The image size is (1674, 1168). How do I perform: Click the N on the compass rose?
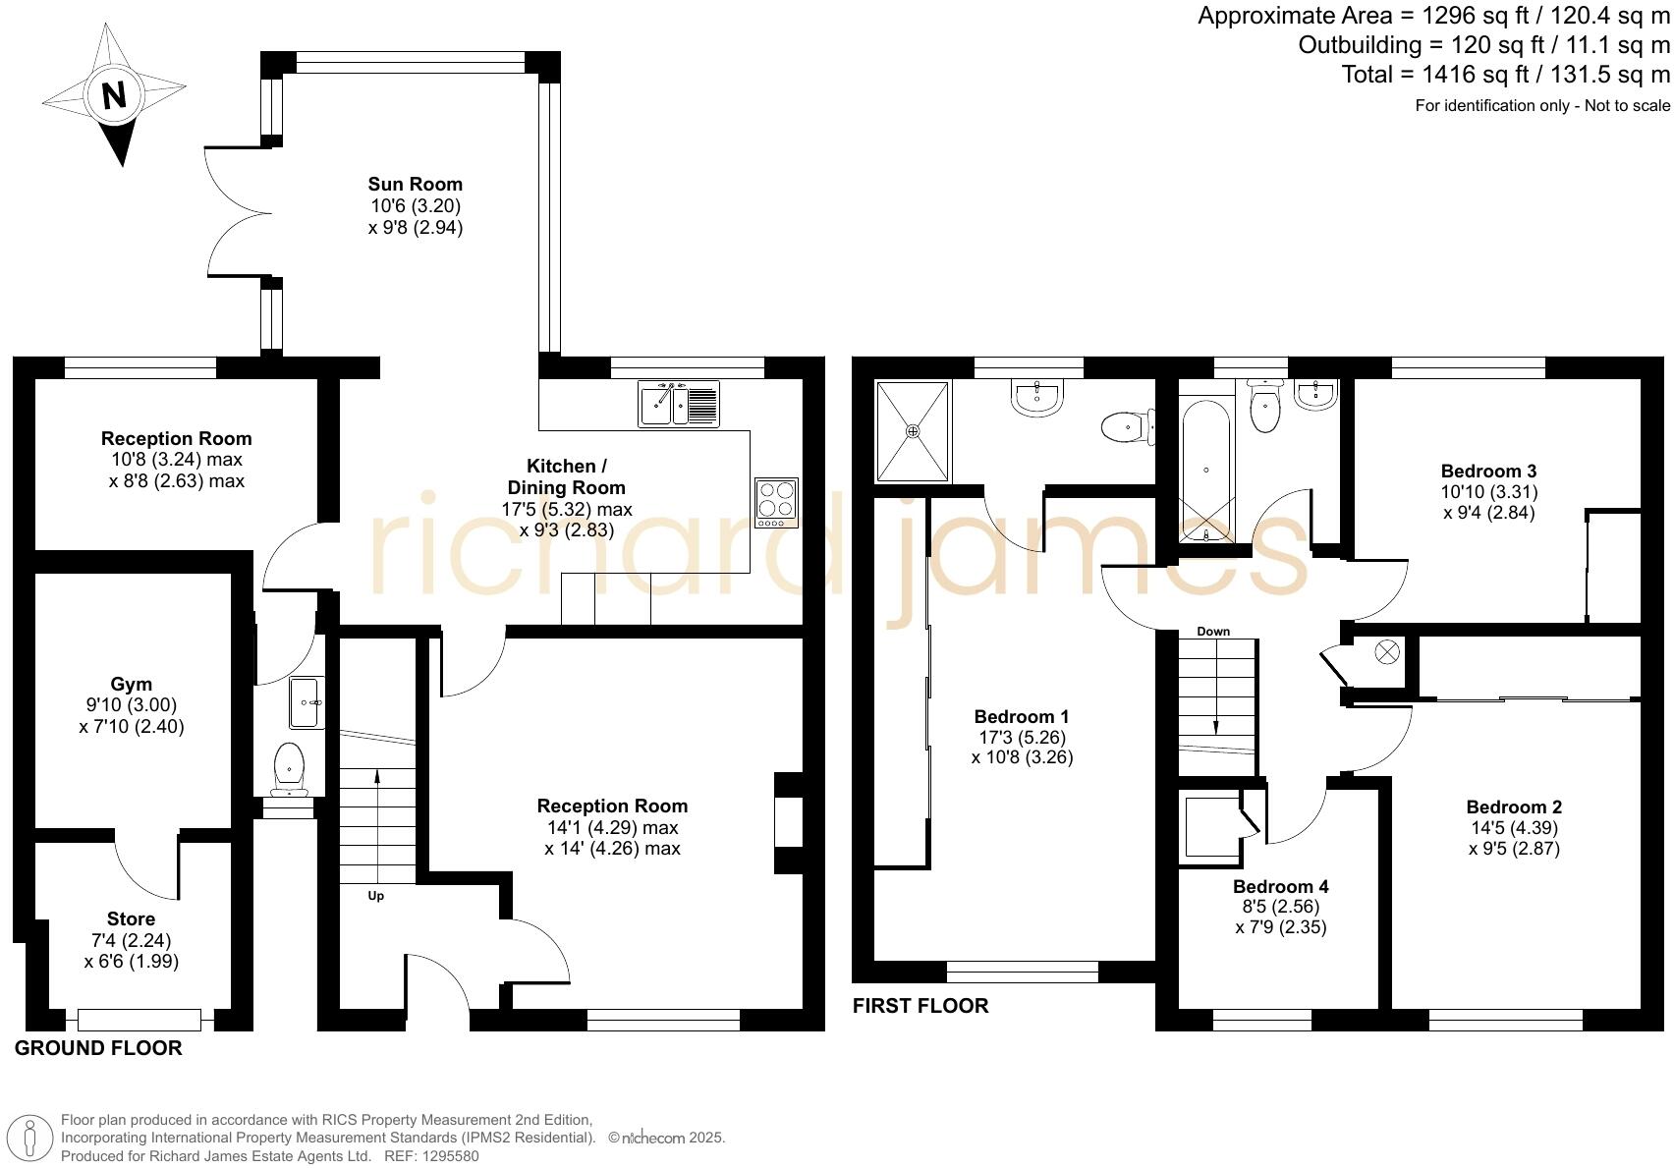[114, 95]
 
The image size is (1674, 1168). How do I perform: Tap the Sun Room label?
[415, 184]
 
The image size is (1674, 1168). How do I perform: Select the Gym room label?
[131, 684]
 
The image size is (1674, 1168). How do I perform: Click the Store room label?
[131, 918]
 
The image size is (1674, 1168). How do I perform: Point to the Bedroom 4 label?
[1280, 886]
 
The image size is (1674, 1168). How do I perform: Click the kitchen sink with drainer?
[679, 404]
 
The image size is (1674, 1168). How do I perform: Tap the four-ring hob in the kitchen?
[776, 502]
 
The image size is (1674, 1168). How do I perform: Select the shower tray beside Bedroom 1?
[913, 431]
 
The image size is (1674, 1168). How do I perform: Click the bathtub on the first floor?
[1206, 471]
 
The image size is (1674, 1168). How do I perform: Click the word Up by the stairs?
[375, 895]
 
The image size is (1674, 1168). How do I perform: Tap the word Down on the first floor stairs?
[1213, 632]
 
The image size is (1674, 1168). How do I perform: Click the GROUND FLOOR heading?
[98, 1048]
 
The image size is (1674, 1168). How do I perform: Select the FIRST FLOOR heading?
[921, 1006]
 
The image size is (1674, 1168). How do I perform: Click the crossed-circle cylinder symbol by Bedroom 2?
[1386, 652]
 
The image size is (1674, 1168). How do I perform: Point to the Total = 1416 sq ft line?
[1505, 75]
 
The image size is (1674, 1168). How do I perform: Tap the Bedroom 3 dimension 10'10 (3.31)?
[1488, 492]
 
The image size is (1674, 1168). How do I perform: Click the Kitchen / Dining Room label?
[567, 476]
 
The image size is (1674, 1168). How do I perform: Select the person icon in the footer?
[29, 1139]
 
